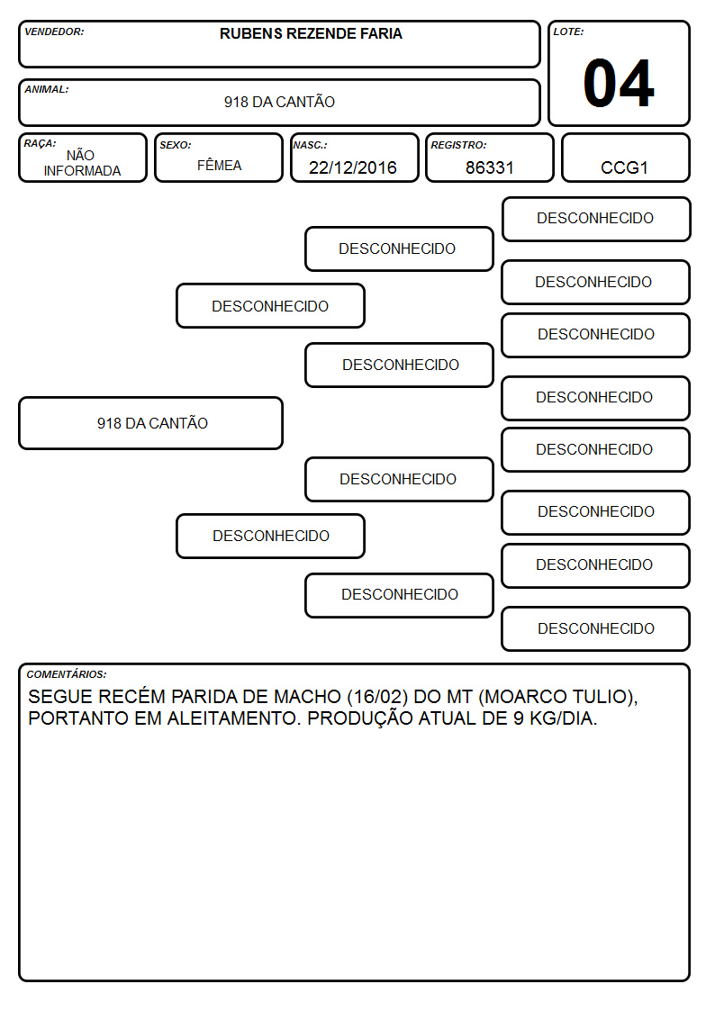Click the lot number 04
[619, 83]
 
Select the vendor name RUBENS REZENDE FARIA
[311, 33]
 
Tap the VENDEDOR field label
[54, 32]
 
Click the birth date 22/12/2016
[353, 167]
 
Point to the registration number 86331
[489, 167]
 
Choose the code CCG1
[624, 167]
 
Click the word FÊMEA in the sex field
[219, 165]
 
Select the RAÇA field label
[40, 143]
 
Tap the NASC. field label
[310, 145]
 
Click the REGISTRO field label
[458, 145]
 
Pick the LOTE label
[568, 32]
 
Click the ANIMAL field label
[47, 90]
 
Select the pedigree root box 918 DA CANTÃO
[151, 423]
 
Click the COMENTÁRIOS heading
[67, 674]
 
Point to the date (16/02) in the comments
[377, 697]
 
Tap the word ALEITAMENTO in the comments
[234, 718]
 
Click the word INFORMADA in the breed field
[82, 171]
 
